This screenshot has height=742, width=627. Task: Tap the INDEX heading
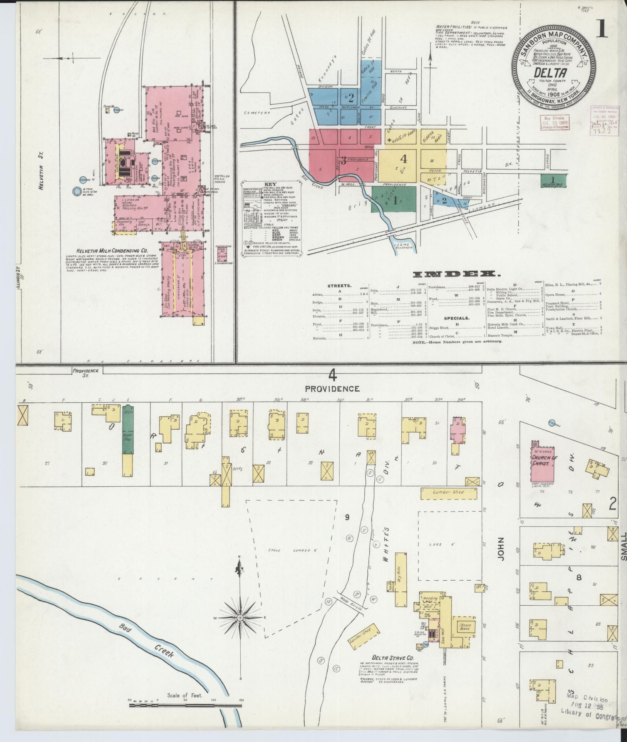pos(456,274)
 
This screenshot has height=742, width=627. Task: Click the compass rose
pos(240,618)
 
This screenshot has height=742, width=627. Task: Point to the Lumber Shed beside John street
pos(451,492)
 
